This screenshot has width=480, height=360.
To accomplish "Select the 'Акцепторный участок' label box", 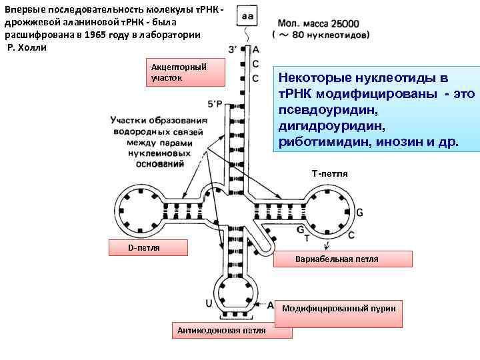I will (x=185, y=73).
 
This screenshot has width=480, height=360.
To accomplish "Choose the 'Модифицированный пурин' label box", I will (x=338, y=308).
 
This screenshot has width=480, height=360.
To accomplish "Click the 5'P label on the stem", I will (x=216, y=104).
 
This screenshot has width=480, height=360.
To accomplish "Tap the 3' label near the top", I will (x=233, y=49).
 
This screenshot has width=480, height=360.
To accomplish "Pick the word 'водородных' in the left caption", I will (x=144, y=131).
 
